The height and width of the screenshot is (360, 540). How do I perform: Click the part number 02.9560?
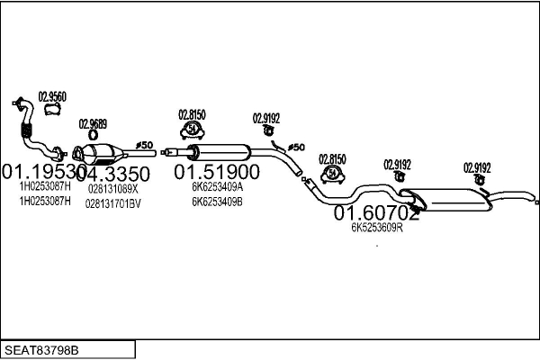[x=51, y=95]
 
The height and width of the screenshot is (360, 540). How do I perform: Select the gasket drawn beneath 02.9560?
[x=51, y=111]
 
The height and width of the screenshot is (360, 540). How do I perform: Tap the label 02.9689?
[x=93, y=124]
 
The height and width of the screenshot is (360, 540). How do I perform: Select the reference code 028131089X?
[x=113, y=189]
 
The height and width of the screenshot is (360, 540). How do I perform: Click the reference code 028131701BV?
[x=113, y=203]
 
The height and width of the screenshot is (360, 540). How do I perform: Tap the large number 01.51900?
[x=217, y=172]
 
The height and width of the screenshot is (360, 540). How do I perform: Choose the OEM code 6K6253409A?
[x=217, y=188]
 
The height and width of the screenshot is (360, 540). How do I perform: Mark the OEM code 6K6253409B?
[x=217, y=202]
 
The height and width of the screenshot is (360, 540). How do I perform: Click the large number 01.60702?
[x=377, y=213]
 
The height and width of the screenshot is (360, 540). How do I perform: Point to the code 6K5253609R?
[x=376, y=228]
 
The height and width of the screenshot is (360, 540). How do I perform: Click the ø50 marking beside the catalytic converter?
[x=145, y=145]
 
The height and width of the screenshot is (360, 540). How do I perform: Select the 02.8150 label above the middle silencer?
[x=192, y=114]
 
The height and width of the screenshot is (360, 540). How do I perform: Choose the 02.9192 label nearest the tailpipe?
[x=477, y=167]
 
